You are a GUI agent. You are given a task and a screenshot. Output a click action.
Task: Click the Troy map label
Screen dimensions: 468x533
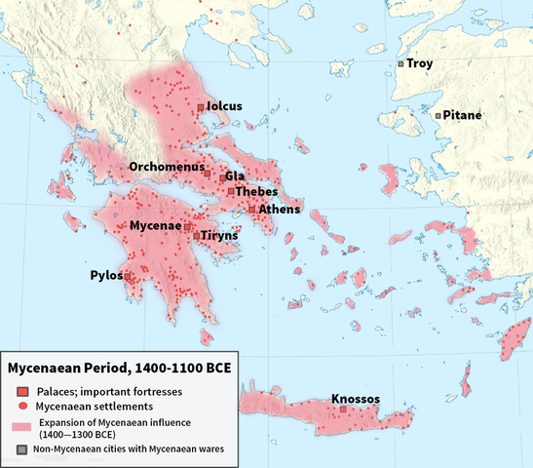(420, 64)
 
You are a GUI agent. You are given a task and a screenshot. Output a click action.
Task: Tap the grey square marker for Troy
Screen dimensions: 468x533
(400, 64)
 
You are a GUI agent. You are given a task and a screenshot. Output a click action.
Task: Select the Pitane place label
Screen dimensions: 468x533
(462, 115)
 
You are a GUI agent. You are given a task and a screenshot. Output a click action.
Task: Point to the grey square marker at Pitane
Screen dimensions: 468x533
(438, 116)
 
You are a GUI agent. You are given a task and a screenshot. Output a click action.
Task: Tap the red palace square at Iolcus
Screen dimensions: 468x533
(201, 106)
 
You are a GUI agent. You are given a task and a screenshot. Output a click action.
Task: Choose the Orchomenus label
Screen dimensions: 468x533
(166, 167)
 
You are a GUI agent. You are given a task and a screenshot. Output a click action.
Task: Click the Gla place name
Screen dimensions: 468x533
(235, 176)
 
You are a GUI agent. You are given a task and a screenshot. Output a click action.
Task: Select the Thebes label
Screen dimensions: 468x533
(256, 192)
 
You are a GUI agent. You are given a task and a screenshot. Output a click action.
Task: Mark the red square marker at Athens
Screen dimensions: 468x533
(251, 209)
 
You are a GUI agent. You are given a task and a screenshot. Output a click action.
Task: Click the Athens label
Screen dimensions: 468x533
(280, 209)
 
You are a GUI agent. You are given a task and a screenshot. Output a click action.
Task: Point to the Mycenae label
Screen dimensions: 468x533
(156, 226)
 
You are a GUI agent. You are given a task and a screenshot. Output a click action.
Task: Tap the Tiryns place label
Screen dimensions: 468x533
(218, 236)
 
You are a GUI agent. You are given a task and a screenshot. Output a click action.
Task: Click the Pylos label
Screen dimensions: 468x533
(104, 275)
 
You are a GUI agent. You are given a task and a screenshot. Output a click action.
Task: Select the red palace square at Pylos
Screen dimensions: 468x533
(128, 277)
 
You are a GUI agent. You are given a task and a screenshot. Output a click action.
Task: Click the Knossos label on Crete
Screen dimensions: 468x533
(355, 399)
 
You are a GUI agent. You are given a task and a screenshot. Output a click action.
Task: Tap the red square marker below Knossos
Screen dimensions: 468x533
(343, 410)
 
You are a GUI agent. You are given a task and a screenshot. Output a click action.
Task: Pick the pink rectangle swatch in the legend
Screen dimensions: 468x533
(22, 427)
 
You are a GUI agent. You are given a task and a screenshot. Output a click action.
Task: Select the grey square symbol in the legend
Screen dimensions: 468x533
(22, 449)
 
